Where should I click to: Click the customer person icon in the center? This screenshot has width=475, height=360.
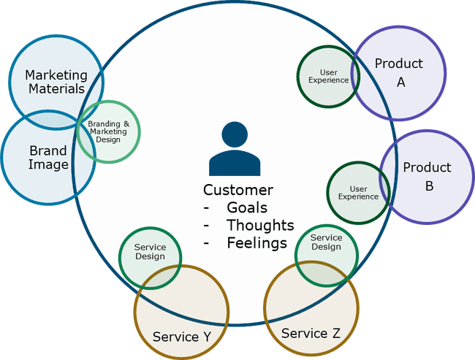click(x=234, y=150)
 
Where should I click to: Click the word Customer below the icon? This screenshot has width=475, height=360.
click(x=238, y=190)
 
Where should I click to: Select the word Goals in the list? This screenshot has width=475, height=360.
click(x=247, y=207)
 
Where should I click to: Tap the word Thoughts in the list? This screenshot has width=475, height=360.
click(x=260, y=225)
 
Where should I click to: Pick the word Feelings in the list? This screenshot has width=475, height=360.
click(x=256, y=243)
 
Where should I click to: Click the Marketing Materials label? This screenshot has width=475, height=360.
click(x=56, y=82)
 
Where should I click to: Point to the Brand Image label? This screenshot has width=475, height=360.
click(x=48, y=158)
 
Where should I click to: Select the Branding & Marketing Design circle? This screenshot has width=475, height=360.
click(x=108, y=131)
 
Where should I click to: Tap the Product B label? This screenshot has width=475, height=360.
click(x=427, y=176)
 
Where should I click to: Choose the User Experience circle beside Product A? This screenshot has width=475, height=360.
click(x=328, y=75)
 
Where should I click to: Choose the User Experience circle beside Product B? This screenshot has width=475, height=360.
click(x=358, y=193)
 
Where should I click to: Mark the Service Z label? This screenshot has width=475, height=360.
click(x=311, y=333)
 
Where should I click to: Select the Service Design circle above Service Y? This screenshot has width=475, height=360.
click(x=150, y=252)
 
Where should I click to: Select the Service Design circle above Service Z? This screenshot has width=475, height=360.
click(x=326, y=242)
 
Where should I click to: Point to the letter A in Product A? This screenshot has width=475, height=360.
click(x=400, y=83)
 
